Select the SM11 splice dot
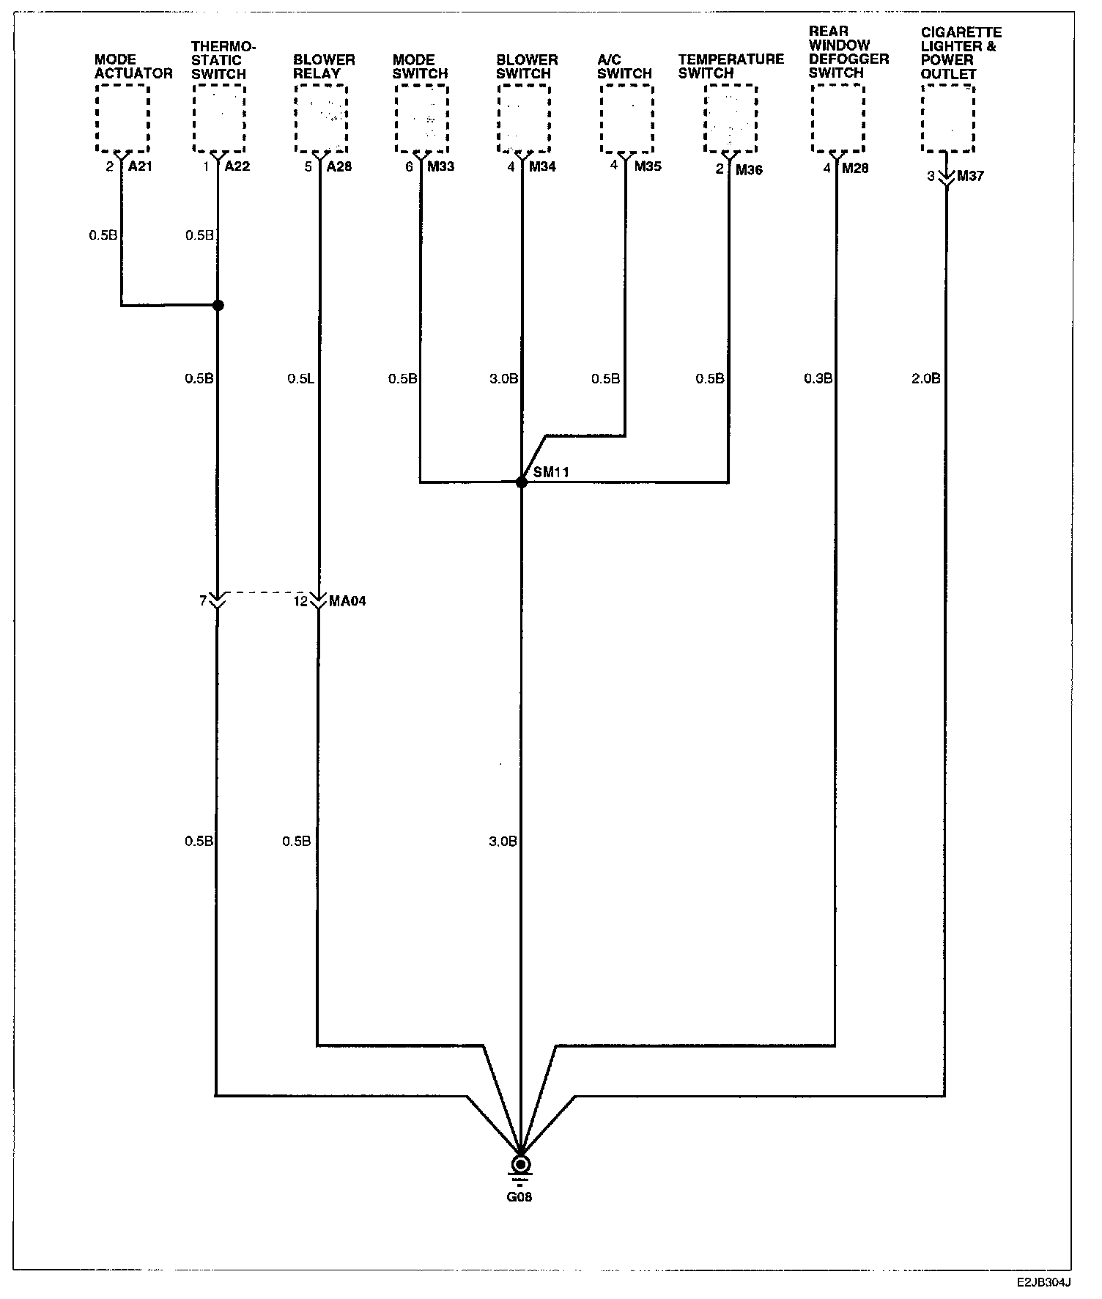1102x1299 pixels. (521, 482)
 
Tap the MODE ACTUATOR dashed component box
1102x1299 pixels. (122, 118)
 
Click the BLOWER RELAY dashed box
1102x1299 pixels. (320, 118)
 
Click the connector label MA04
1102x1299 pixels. (348, 601)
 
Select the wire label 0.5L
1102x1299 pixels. (300, 379)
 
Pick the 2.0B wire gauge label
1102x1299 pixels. (925, 379)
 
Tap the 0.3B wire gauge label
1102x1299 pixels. (818, 379)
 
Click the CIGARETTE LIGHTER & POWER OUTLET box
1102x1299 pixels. (948, 118)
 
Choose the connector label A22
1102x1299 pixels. (237, 166)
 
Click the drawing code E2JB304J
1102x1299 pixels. (1043, 1283)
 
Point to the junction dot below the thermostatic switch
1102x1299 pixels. (218, 305)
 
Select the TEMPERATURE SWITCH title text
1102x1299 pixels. (731, 66)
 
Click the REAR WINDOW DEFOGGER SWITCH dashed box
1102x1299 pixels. (838, 118)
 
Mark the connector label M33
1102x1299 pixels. (440, 166)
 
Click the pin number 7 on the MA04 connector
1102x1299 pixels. (203, 601)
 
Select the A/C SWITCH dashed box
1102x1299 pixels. (626, 118)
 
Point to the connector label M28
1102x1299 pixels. (855, 168)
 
